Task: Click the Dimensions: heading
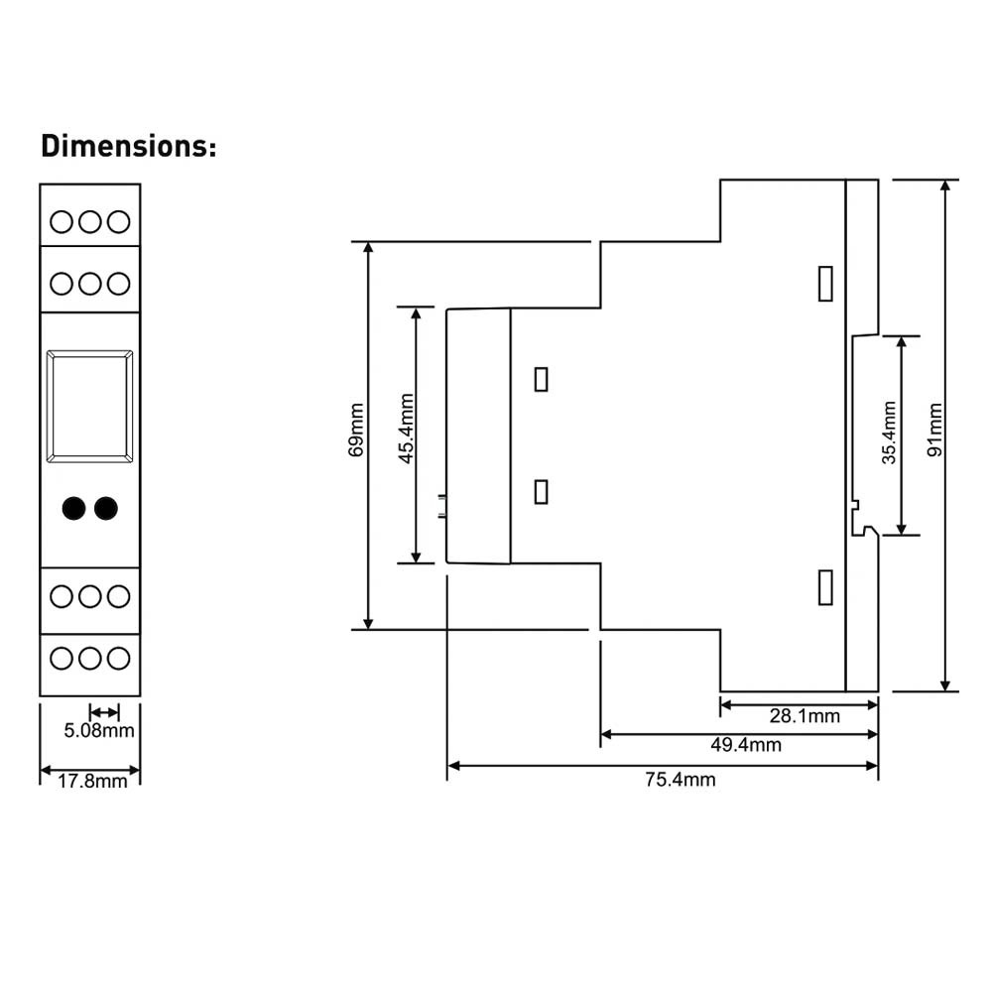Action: (129, 146)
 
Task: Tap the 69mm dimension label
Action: (356, 430)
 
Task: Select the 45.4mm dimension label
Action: (406, 429)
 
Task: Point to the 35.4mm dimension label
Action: (889, 433)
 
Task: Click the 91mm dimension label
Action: (934, 430)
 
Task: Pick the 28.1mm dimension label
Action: (805, 716)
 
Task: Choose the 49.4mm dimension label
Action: (746, 745)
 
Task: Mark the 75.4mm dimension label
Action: (681, 780)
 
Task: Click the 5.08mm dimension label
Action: (99, 731)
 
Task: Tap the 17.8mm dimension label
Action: (92, 782)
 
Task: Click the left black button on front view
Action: (74, 508)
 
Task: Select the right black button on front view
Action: (106, 508)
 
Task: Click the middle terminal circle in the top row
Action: (90, 222)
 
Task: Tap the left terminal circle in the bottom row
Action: (62, 659)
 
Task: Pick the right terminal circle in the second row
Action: (118, 284)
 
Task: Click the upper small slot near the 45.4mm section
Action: (541, 380)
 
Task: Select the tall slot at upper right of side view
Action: (825, 284)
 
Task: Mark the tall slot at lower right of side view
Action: (825, 587)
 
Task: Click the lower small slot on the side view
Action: (541, 492)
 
